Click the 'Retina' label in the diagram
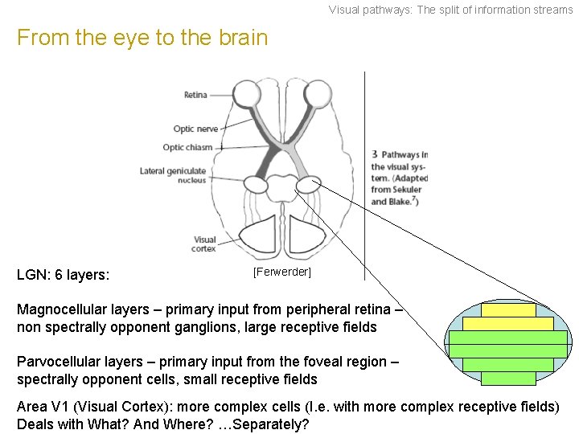coord(195,95)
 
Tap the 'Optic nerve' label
coord(195,129)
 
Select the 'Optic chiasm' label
coord(187,147)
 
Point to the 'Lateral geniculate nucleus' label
coord(173,175)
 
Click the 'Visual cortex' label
coord(204,244)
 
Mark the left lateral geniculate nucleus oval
coord(256,185)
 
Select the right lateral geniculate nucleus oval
coord(307,186)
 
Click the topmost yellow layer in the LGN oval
coord(508,310)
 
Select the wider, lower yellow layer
coord(508,324)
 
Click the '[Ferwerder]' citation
coord(281,272)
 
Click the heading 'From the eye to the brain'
coord(142,38)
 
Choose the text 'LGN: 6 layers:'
coord(63,275)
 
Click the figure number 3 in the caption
coord(375,154)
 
